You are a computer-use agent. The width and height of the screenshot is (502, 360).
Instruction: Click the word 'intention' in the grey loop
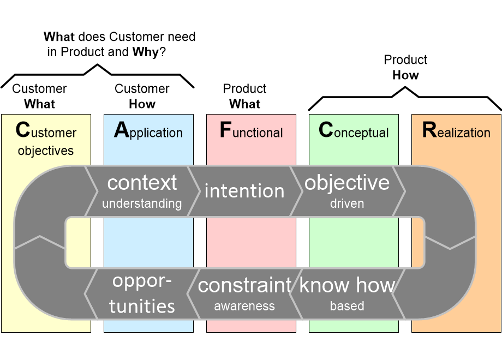pyautogui.click(x=244, y=191)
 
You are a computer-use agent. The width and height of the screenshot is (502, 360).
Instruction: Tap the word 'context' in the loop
pyautogui.click(x=142, y=183)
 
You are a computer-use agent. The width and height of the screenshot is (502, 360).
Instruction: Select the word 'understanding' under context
pyautogui.click(x=142, y=203)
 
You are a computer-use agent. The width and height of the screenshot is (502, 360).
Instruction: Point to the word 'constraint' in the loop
pyautogui.click(x=244, y=285)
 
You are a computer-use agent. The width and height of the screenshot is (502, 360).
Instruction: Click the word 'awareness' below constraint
pyautogui.click(x=244, y=306)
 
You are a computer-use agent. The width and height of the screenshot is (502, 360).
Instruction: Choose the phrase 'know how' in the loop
pyautogui.click(x=348, y=285)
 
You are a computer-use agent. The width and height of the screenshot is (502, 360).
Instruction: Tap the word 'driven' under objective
pyautogui.click(x=347, y=203)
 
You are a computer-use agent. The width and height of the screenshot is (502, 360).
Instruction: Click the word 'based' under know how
pyautogui.click(x=347, y=306)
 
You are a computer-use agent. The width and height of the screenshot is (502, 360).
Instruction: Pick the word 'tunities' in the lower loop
pyautogui.click(x=142, y=306)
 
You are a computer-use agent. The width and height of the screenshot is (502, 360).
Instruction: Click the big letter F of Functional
pyautogui.click(x=225, y=130)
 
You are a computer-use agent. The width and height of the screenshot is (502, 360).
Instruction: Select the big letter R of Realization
pyautogui.click(x=429, y=130)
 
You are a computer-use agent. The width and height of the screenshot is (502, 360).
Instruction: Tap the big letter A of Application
pyautogui.click(x=121, y=130)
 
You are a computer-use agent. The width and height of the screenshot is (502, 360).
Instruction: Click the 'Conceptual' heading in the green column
pyautogui.click(x=354, y=130)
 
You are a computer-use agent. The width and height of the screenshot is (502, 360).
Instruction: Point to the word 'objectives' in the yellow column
pyautogui.click(x=46, y=151)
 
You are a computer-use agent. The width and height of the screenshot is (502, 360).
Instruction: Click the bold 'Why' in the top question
pyautogui.click(x=146, y=52)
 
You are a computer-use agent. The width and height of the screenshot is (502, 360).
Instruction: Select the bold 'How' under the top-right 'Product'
pyautogui.click(x=405, y=75)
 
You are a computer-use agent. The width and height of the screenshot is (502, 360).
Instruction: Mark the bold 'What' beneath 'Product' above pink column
pyautogui.click(x=244, y=104)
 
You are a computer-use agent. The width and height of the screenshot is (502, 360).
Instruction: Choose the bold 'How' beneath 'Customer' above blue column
pyautogui.click(x=142, y=104)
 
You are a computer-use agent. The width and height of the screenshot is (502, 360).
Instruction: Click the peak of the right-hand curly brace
pyautogui.click(x=405, y=87)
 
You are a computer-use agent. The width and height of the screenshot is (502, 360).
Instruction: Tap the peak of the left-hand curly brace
pyautogui.click(x=97, y=65)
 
